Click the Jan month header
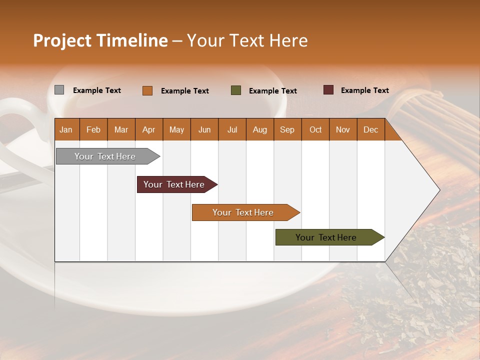pos(66,129)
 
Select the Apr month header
pos(149,129)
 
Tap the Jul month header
pos(232,129)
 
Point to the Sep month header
pos(287,129)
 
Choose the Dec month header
pos(370,129)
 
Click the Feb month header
pos(93,129)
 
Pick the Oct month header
pos(315,129)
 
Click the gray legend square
pos(59,90)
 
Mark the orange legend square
pos(147,90)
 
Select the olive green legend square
pos(236,90)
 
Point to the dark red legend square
pos(328,90)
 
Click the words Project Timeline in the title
pos(100,40)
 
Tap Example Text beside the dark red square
pos(364,90)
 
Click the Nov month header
pos(343,129)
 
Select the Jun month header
pos(204,129)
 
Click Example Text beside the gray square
pos(97,90)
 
